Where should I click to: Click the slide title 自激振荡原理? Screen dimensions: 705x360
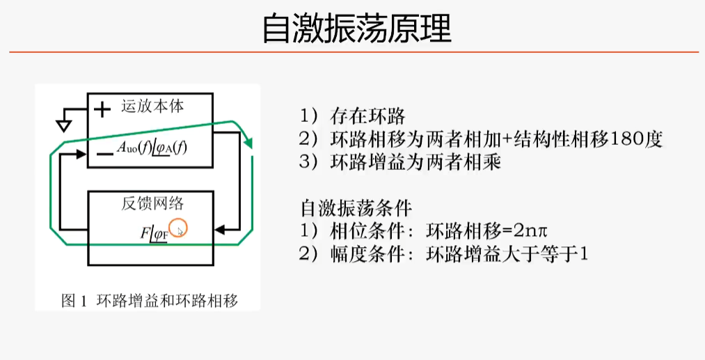coord(356,29)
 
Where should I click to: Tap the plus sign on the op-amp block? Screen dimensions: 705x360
coord(102,109)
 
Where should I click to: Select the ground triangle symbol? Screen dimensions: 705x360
coord(63,125)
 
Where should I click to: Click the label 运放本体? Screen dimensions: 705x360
coord(157,107)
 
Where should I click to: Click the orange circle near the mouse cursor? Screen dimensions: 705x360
coord(180,228)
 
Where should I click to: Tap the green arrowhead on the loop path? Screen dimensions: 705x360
coord(248,143)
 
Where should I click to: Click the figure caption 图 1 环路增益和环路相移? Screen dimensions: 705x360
coord(150,301)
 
